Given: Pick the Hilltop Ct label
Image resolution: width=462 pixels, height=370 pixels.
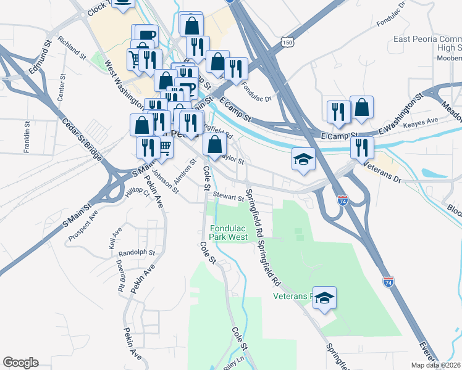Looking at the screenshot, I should click(138, 193).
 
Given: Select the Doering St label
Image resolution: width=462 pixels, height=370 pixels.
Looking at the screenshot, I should click(119, 275).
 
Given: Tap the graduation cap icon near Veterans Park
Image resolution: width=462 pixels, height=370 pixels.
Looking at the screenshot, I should click(324, 298).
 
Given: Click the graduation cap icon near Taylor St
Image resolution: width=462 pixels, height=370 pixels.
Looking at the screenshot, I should click(304, 160).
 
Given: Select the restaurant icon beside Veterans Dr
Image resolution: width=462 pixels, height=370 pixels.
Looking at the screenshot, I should click(361, 147).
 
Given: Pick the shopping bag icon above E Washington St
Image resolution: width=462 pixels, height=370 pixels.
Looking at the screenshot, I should click(361, 107).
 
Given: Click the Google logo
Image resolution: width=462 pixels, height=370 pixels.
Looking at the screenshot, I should click(20, 363).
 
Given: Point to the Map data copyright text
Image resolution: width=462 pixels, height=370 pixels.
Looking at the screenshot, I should click(435, 365).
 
